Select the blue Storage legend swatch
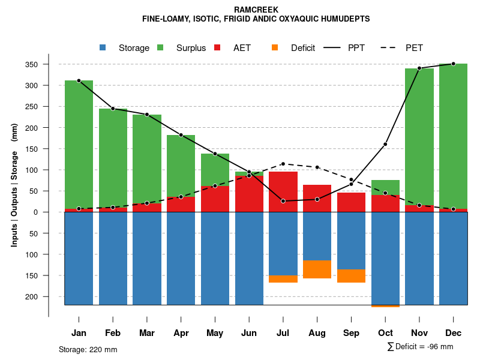click(103, 47)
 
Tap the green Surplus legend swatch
click(160, 47)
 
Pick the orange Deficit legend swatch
click(275, 47)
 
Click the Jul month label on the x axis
click(283, 333)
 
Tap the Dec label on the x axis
click(453, 333)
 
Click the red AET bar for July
click(283, 191)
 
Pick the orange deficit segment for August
click(317, 269)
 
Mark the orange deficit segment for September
click(351, 276)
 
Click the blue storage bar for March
click(147, 258)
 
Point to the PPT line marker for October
click(385, 144)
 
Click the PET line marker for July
click(283, 164)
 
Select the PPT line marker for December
click(453, 64)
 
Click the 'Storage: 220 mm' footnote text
click(88, 349)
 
